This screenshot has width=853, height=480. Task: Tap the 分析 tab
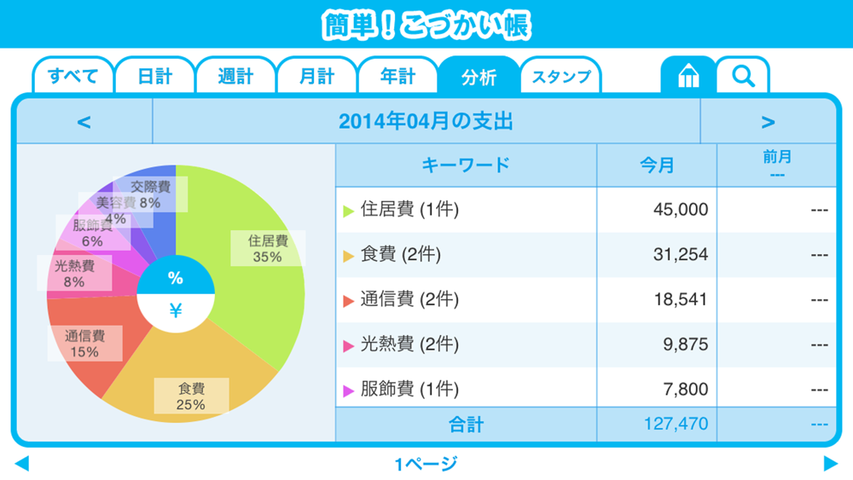point(479,77)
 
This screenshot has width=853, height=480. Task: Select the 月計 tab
point(316,77)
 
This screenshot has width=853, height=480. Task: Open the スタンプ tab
point(561,77)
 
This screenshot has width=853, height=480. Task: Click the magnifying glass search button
point(743,77)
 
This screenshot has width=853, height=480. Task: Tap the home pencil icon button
point(688,77)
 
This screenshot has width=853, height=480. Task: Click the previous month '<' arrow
point(84,122)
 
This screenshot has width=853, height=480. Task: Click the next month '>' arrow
point(768,122)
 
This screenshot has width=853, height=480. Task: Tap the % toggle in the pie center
point(176,278)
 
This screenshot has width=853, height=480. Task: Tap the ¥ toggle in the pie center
point(176,311)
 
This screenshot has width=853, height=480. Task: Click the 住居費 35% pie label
point(268,249)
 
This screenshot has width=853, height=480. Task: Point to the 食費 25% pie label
point(191,396)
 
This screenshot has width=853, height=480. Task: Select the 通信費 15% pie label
point(84,344)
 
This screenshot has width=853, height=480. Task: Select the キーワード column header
point(466,165)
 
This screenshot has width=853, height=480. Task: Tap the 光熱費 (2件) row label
point(409,344)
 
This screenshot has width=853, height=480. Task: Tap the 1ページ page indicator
point(426,465)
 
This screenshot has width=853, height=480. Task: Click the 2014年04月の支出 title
point(426,122)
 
